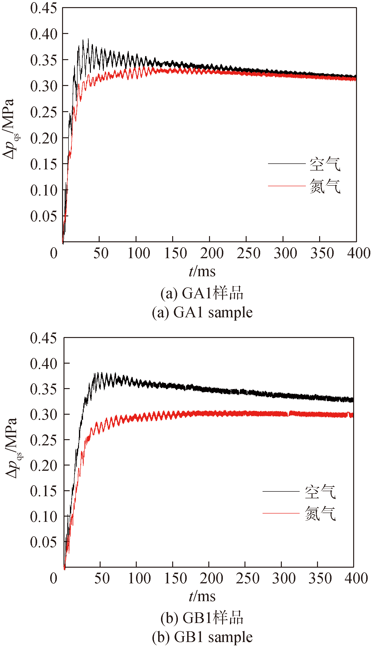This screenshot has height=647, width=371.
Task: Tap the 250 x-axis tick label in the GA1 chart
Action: tap(249, 253)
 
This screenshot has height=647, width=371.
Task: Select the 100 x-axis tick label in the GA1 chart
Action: tap(139, 253)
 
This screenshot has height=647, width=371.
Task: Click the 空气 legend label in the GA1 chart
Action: tap(325, 164)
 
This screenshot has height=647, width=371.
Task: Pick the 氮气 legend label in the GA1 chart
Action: tap(325, 186)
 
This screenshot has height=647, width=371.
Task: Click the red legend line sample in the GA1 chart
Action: tap(287, 186)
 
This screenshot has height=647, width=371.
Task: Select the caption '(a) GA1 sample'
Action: tap(202, 312)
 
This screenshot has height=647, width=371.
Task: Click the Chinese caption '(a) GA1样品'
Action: tap(202, 293)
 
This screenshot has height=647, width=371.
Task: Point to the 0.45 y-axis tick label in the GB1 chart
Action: tap(43, 338)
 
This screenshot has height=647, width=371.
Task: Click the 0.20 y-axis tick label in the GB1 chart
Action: tap(43, 466)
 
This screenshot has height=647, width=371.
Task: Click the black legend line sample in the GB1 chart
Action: tap(281, 491)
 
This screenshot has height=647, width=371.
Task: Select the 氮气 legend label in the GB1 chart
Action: tap(320, 513)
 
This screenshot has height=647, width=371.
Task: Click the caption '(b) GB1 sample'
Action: tap(202, 637)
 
